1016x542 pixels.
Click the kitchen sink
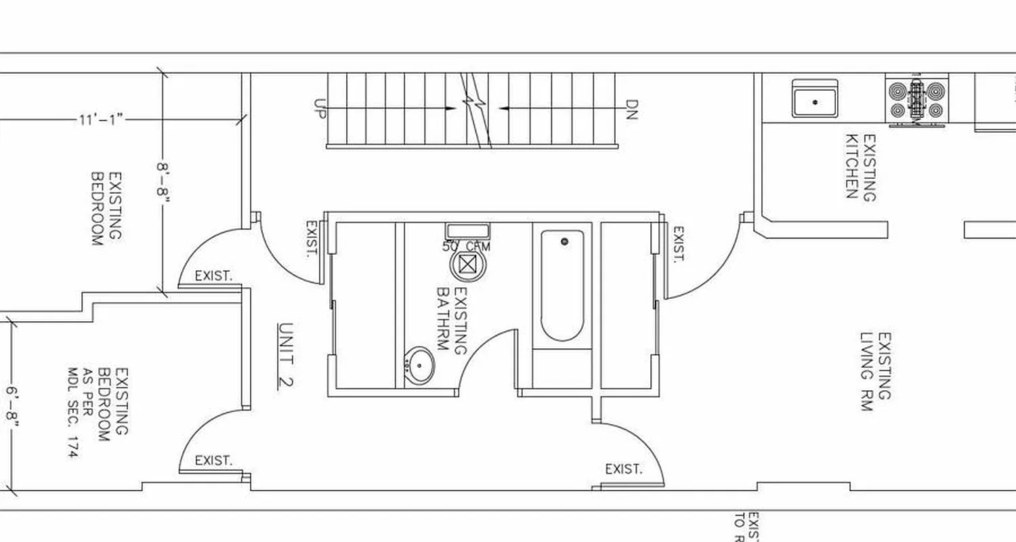pyautogui.click(x=815, y=99)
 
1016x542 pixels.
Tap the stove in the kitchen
pyautogui.click(x=916, y=100)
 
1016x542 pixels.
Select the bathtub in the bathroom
pyautogui.click(x=562, y=285)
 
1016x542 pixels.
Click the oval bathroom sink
pyautogui.click(x=420, y=366)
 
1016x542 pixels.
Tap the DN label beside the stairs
pyautogui.click(x=631, y=109)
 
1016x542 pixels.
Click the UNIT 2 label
pyautogui.click(x=286, y=355)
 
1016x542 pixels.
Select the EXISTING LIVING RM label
pyautogui.click(x=876, y=371)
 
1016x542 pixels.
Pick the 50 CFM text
pyautogui.click(x=466, y=247)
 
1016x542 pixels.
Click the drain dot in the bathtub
pyautogui.click(x=564, y=241)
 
